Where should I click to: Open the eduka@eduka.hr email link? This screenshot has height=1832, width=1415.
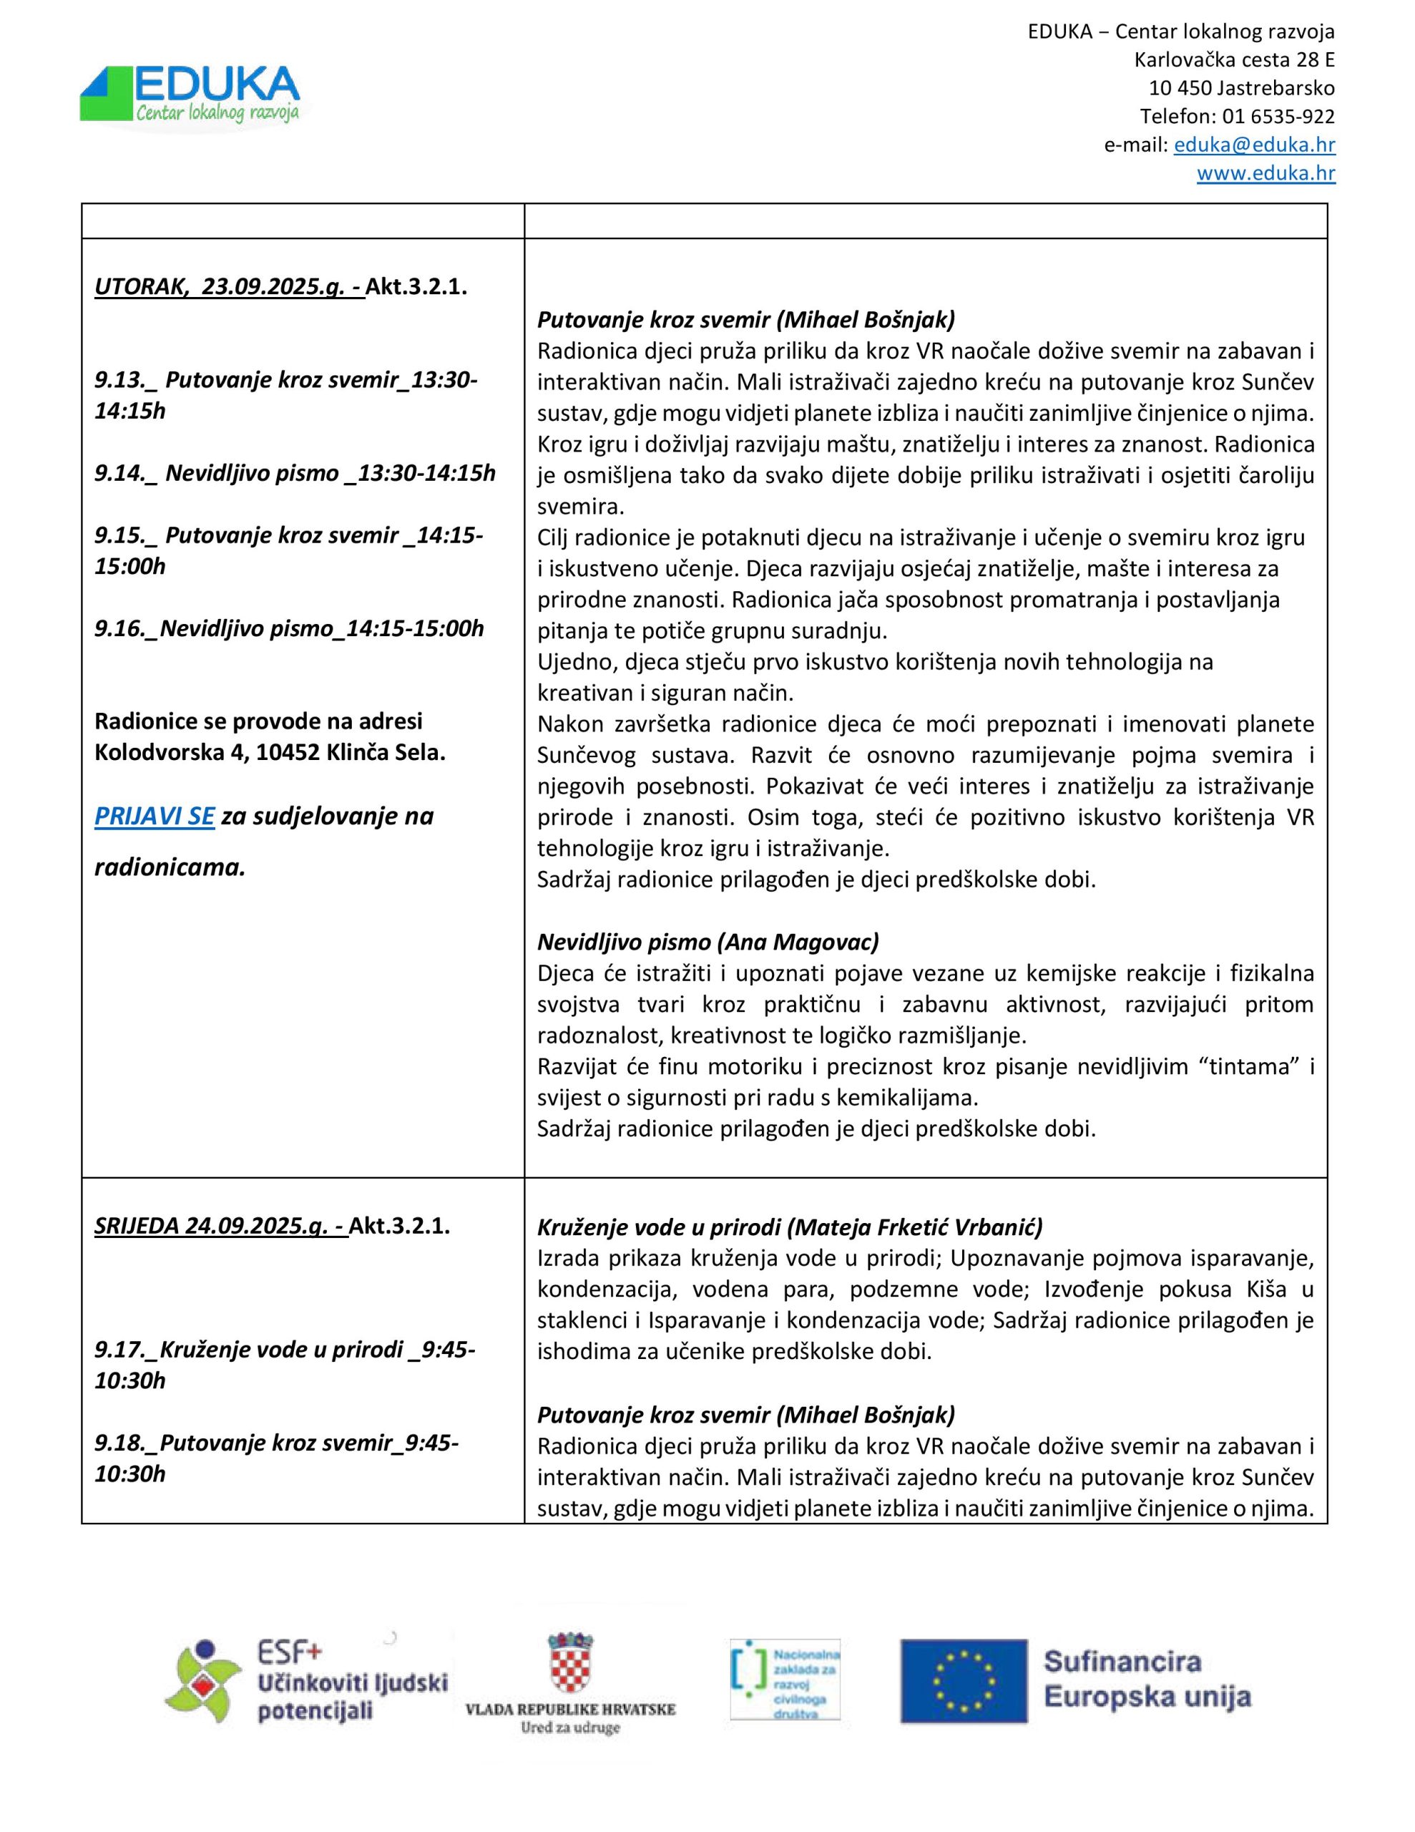click(1254, 145)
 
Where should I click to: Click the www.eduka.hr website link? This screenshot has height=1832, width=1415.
click(1265, 174)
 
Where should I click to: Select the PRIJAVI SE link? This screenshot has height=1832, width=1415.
click(155, 817)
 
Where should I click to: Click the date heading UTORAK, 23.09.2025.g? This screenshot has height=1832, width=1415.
click(229, 287)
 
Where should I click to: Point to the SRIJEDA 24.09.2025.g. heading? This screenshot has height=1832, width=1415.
click(220, 1226)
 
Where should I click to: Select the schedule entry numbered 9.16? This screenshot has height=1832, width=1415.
click(288, 628)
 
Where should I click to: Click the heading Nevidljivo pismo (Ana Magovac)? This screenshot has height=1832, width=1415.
click(708, 942)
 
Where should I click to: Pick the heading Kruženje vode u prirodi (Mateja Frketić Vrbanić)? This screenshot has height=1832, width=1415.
click(789, 1227)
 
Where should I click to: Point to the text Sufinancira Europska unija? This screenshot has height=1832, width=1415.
click(1146, 1680)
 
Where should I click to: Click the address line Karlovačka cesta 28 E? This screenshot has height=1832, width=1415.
click(1234, 60)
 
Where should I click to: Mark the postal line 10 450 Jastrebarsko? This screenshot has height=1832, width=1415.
click(1241, 88)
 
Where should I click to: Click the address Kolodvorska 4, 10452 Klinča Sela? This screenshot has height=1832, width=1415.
click(269, 752)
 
